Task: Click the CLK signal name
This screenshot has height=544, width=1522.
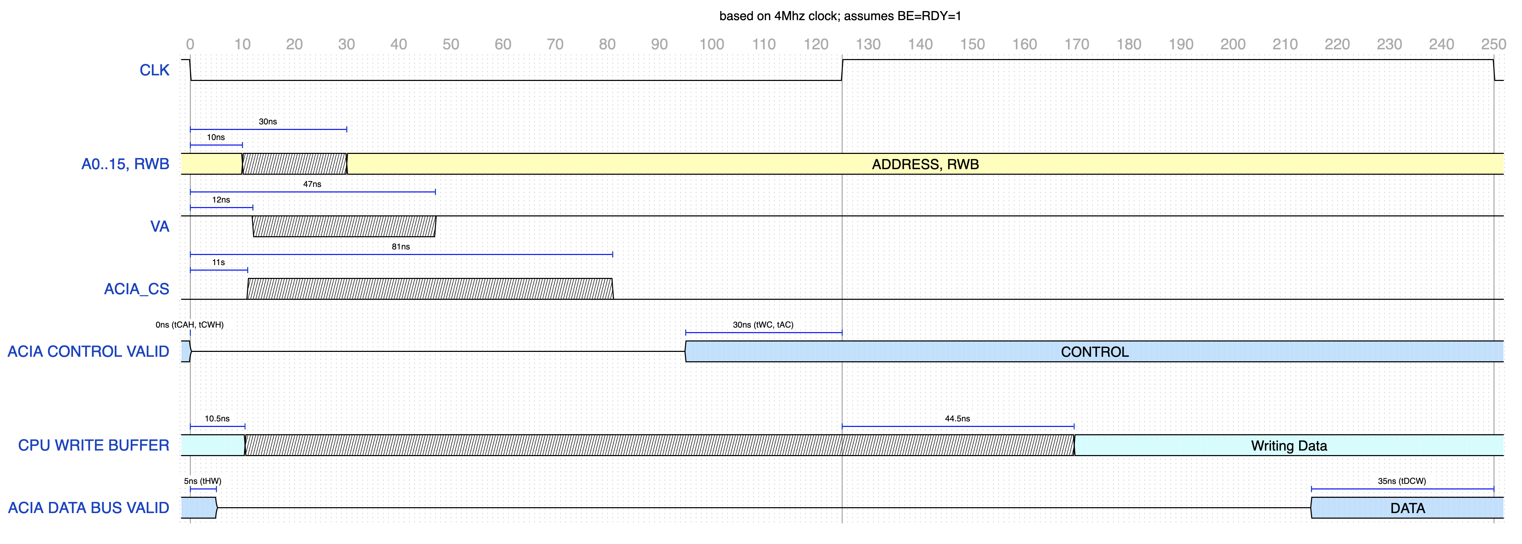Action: click(154, 70)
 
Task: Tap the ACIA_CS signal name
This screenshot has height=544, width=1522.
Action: click(137, 289)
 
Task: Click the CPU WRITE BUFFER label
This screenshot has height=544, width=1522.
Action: click(94, 445)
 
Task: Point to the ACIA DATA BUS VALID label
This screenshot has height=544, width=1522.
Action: click(89, 508)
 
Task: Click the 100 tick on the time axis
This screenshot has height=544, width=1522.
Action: click(711, 44)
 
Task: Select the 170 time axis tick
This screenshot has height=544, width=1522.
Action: click(1077, 44)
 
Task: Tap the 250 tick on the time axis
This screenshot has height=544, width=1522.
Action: click(1493, 44)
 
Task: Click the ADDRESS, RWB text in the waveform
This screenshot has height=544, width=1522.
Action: click(925, 164)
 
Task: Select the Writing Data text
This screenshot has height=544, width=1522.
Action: click(1289, 446)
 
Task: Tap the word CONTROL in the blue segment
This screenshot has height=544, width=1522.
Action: click(1094, 352)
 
